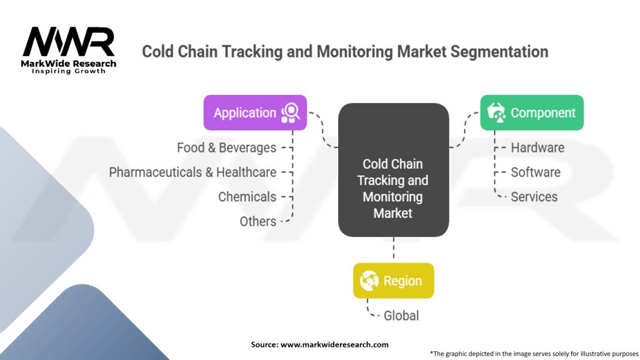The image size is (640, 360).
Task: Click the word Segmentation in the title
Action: coord(495,51)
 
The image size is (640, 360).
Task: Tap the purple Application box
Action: coord(255,112)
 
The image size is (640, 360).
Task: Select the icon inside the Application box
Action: coord(290,112)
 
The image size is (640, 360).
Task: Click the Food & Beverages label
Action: coord(226,147)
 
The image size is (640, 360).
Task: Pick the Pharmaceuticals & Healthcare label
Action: coord(192,172)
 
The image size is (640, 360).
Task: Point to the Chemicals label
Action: coord(247,197)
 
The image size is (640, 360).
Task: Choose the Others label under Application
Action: coord(257,221)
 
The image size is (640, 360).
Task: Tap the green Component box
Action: coord(532,112)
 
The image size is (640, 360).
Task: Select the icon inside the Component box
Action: coord(496,112)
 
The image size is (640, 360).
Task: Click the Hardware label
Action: coord(537,147)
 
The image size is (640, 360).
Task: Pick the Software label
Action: coord(535,172)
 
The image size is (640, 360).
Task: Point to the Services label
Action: coord(534,197)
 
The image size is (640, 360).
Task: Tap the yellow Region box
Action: coord(393,281)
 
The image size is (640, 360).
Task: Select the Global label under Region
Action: coord(401,316)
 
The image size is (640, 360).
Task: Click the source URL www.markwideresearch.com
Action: coord(334,344)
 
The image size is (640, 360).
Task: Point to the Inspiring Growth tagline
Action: coord(69,71)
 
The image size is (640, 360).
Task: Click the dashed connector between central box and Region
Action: coord(393,249)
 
